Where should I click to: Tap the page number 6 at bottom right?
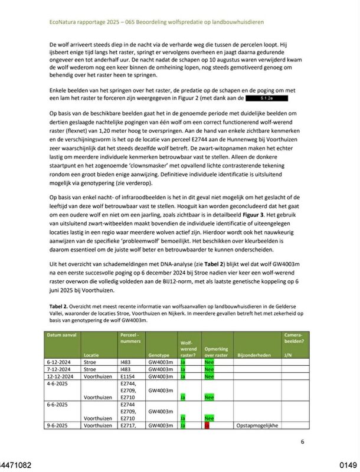302,441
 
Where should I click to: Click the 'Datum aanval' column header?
62,335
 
